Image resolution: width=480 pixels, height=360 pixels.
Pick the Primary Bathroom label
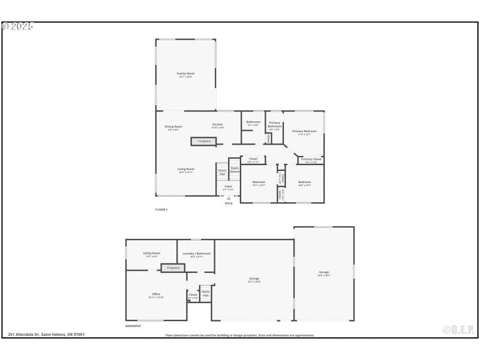274,125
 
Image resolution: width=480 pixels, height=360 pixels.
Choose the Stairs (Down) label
235,170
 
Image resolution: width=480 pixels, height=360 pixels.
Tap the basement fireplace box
173,268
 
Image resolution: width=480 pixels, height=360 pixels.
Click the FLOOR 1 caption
161,209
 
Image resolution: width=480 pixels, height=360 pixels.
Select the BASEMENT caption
133,326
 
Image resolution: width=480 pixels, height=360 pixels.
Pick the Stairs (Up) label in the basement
206,294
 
